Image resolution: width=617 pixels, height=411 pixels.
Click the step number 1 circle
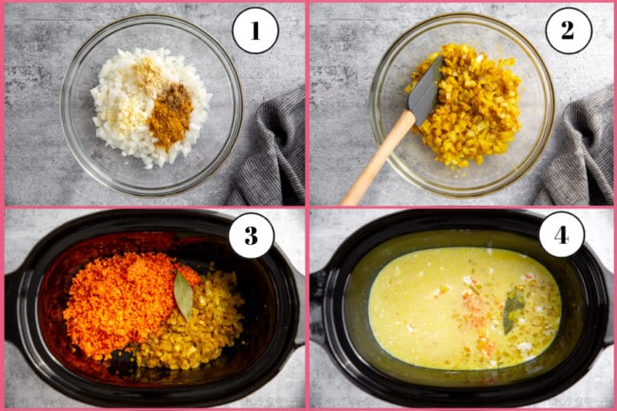tap(255, 31)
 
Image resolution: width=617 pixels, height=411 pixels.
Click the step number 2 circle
tap(568, 31)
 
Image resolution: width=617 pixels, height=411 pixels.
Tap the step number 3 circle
tap(251, 235)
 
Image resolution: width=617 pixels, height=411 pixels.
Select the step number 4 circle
tap(561, 234)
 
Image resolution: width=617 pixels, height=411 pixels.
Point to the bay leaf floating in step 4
tap(512, 311)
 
